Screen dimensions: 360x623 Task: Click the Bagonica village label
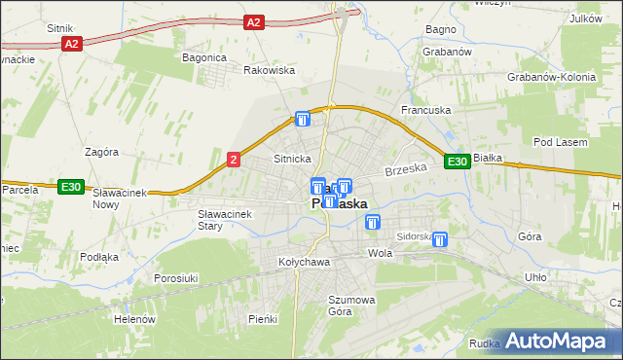point(204,57)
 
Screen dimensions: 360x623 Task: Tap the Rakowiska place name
point(269,70)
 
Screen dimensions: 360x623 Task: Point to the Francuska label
point(425,111)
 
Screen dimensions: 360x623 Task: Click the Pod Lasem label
point(561,143)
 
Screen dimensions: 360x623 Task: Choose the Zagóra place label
point(101,152)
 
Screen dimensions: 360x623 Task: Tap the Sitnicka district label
point(292,158)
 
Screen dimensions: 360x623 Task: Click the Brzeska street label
point(406,169)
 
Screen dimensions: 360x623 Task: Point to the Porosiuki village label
point(176,278)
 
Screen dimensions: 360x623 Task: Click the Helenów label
point(134,319)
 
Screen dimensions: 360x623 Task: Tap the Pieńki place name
point(263,319)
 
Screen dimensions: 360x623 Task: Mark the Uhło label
point(535,277)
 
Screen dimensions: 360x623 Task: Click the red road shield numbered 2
point(234,160)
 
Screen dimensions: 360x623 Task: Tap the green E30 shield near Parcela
point(69,187)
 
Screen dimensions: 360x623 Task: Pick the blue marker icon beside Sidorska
point(440,239)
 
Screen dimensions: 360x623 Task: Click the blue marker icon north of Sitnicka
point(303,119)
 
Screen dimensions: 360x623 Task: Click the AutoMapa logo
point(562,342)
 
